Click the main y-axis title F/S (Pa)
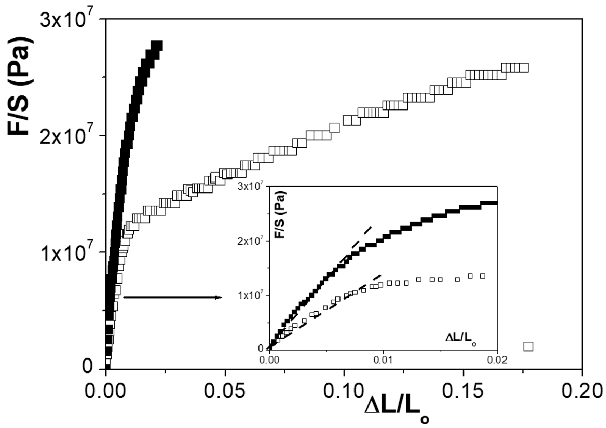pos(21,86)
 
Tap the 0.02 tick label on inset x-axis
pos(497,360)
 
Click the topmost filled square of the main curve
pos(158,46)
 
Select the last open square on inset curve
pos(483,276)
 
